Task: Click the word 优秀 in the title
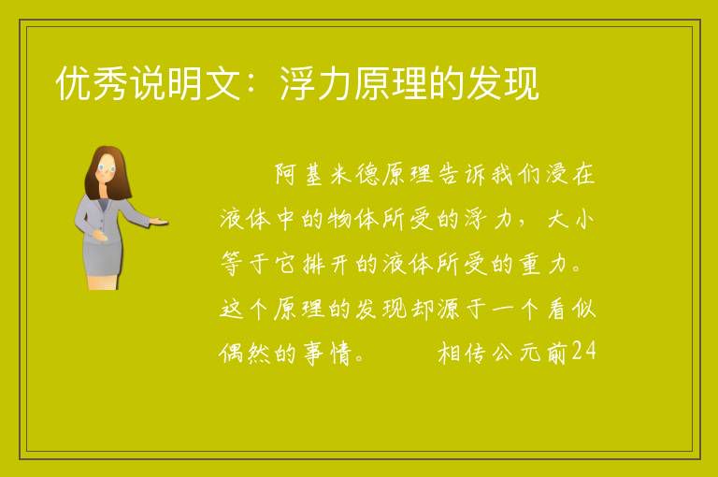92,83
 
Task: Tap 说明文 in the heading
185,83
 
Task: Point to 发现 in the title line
502,83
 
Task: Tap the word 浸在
569,174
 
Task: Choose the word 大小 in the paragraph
570,219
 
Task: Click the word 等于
245,264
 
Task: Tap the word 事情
327,354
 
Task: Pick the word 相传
462,354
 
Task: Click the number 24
583,351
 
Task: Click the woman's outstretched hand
159,223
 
